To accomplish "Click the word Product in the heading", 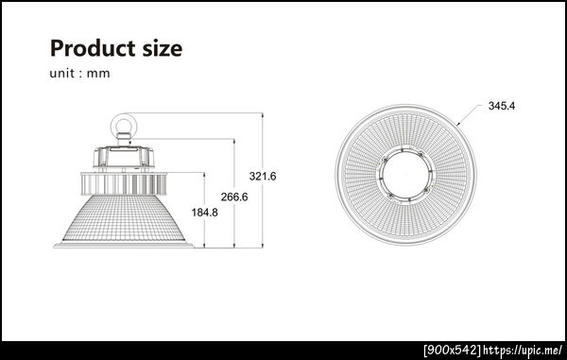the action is click(x=94, y=49).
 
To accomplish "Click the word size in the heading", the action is click(x=163, y=49).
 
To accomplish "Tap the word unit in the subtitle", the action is click(x=62, y=74).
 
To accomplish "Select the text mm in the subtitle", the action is click(x=98, y=74).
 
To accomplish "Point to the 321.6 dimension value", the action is click(x=263, y=177).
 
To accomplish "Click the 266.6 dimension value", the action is click(x=234, y=197).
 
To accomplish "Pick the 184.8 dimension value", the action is click(x=205, y=213).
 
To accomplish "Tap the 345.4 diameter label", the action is click(x=502, y=106).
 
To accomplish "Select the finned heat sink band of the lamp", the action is click(x=124, y=183).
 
